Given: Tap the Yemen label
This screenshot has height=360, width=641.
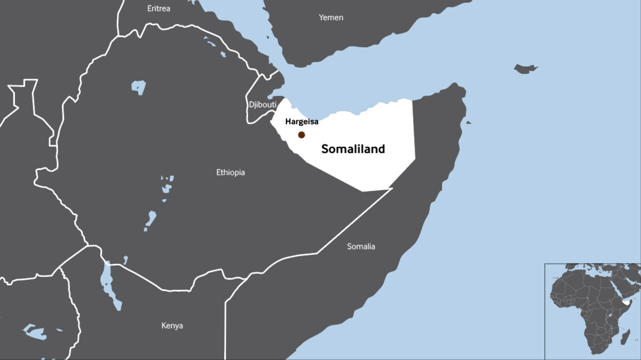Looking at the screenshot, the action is [331, 18].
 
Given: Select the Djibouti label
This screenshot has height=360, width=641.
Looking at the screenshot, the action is [262, 105].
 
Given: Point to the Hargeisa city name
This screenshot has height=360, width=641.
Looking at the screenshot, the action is [302, 122].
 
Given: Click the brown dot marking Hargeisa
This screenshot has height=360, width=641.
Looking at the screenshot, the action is [301, 135].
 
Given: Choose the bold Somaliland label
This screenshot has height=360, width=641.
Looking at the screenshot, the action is [353, 150].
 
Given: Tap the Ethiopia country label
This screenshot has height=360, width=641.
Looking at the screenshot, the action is [230, 173].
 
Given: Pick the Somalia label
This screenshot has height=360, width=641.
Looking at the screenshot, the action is [361, 246].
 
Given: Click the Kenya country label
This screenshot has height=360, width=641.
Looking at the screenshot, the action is [172, 325].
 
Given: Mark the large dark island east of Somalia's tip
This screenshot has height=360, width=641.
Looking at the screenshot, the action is [525, 68].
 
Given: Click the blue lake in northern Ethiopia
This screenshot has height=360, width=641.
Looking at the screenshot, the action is [138, 87].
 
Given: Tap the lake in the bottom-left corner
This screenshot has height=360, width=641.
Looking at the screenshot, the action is [36, 332].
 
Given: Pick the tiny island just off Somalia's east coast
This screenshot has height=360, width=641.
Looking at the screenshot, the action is [468, 122].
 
